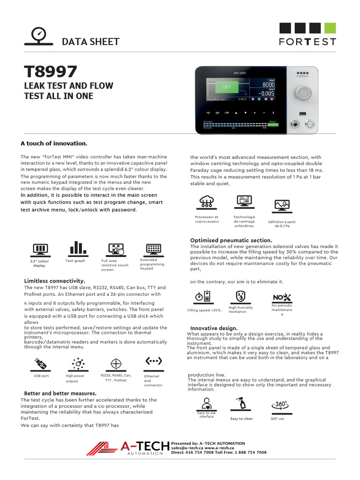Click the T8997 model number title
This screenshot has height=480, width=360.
click(51, 72)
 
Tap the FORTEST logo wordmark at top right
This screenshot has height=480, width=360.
click(307, 41)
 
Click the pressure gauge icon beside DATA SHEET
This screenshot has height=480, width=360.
click(39, 36)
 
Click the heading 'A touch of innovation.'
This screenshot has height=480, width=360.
click(54, 143)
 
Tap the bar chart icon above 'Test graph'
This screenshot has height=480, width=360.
click(75, 248)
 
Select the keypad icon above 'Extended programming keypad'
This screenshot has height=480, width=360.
click(154, 248)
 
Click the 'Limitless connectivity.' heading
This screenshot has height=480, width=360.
click(54, 280)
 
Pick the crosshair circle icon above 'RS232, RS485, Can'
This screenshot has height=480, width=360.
click(116, 363)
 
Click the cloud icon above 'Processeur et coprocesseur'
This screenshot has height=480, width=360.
click(206, 202)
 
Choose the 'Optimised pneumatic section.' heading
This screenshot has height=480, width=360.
click(231, 240)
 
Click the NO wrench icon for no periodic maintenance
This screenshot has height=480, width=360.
click(282, 297)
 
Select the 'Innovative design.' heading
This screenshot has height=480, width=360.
click(213, 328)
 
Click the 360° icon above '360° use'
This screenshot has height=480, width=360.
click(279, 405)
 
